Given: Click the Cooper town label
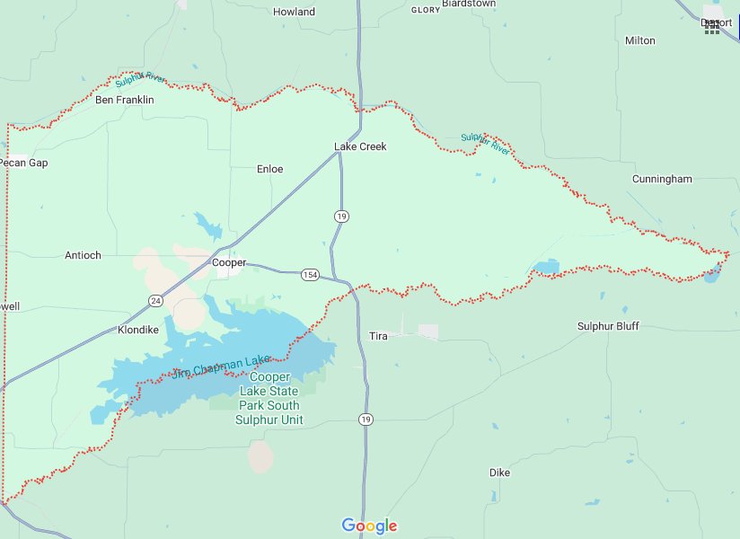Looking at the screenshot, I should point(228,262).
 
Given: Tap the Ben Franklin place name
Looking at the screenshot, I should point(124,100).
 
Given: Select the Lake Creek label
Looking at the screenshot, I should point(360,146).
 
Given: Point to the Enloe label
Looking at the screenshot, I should point(269,168).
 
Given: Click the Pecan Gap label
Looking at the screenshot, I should point(24,163).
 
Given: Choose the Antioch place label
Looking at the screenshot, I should point(83,255).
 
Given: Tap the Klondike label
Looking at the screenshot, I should point(138,330).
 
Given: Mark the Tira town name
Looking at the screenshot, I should point(378,335).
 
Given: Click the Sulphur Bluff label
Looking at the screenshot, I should point(608,326).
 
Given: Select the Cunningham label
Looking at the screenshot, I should point(662,179).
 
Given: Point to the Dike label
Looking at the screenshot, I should point(499,472).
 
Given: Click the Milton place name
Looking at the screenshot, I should point(639,40).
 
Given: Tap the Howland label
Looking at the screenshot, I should point(295,12).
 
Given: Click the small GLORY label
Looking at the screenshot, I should point(425,10).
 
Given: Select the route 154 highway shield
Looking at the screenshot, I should point(310,274).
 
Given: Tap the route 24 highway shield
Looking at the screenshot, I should point(156,301).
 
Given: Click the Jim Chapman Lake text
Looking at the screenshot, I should point(220,367).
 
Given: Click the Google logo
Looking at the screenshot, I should point(369,526).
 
